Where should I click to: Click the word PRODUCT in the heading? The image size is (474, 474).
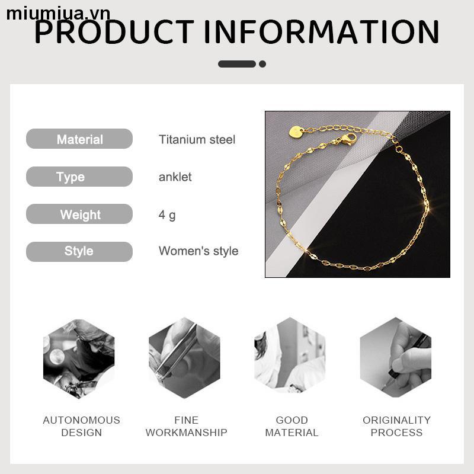[114, 32]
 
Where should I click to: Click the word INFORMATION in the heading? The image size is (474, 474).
[322, 32]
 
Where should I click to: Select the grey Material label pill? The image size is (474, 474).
[79, 139]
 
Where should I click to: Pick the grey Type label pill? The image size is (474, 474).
[79, 177]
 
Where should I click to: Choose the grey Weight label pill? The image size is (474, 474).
[79, 214]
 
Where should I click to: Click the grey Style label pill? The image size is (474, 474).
[79, 251]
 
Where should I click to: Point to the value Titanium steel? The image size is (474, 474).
[197, 140]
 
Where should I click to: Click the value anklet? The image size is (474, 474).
[175, 177]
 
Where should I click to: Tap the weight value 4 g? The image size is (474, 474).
[167, 214]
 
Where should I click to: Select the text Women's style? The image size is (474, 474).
[198, 251]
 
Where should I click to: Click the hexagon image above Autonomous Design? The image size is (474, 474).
[79, 359]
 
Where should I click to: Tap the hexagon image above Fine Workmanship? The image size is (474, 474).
[184, 359]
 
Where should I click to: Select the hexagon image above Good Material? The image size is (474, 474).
[290, 359]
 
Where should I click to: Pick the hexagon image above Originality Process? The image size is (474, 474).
[396, 359]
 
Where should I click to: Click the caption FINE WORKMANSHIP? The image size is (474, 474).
[186, 426]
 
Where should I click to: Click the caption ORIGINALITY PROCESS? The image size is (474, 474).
[396, 426]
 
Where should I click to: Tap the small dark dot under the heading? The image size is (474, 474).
[262, 64]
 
